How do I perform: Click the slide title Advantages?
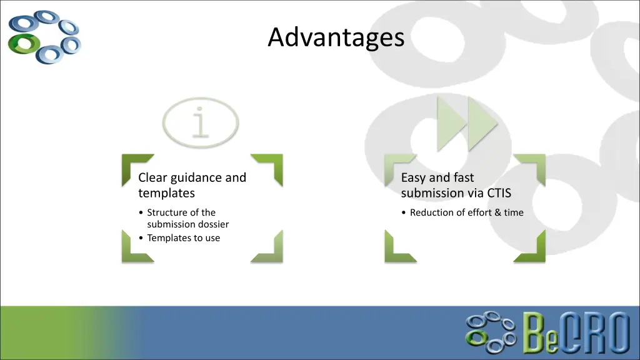point(336,37)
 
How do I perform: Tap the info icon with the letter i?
point(200,122)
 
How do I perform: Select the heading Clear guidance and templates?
point(192,185)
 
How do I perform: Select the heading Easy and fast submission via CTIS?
point(456,185)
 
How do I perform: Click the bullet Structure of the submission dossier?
point(187,218)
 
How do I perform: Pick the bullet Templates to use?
point(183,237)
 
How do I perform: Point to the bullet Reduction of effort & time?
point(466,212)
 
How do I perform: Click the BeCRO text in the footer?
point(576,333)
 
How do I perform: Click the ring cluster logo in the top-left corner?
point(44,36)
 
